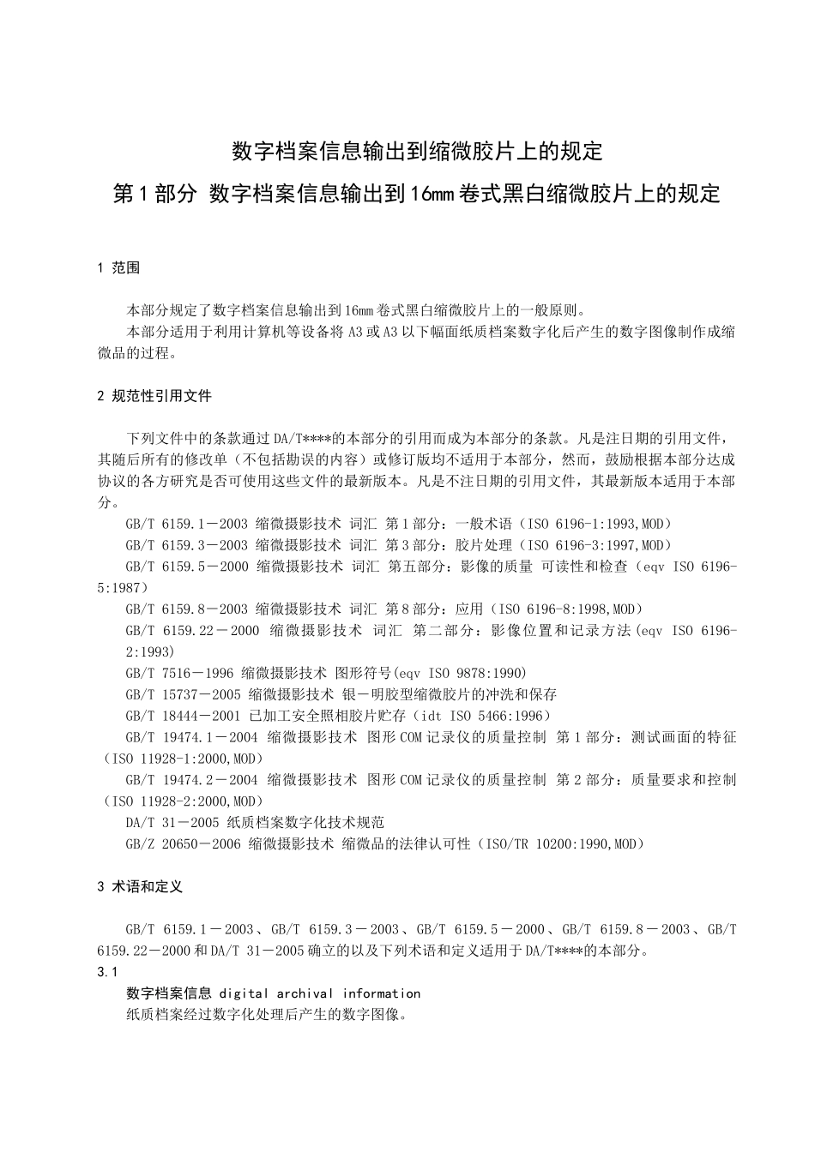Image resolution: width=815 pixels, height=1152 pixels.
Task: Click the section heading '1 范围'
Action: pyautogui.click(x=119, y=268)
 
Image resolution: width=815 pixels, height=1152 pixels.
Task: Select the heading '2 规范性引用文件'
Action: pyautogui.click(x=154, y=396)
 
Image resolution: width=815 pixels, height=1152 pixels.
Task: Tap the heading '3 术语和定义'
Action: pyautogui.click(x=140, y=887)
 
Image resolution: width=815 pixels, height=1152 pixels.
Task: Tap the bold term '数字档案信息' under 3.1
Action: pyautogui.click(x=168, y=993)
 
